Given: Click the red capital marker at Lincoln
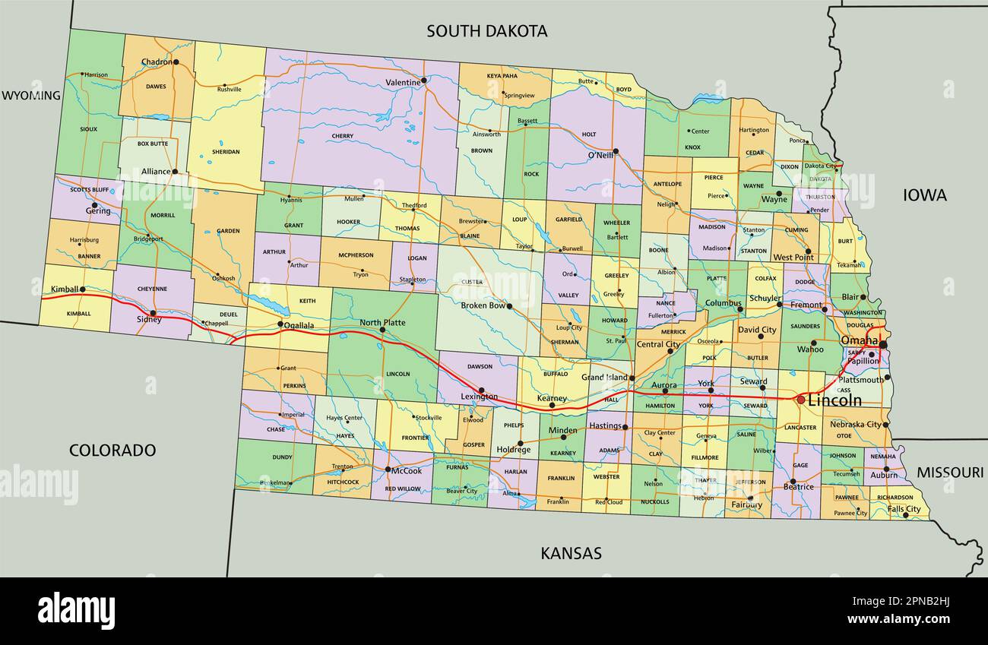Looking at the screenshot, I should pyautogui.click(x=800, y=399).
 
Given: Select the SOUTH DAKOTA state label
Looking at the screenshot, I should pyautogui.click(x=486, y=31).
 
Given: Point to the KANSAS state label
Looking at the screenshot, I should pyautogui.click(x=571, y=553).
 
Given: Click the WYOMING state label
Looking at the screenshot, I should pyautogui.click(x=30, y=96).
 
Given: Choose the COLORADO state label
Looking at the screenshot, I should pyautogui.click(x=112, y=450).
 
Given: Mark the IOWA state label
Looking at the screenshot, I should pyautogui.click(x=924, y=195).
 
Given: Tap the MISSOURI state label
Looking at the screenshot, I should pyautogui.click(x=949, y=473).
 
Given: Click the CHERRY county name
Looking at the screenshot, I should pyautogui.click(x=343, y=137).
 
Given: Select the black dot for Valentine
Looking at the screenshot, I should pyautogui.click(x=424, y=79).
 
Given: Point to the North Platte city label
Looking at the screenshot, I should pyautogui.click(x=382, y=322).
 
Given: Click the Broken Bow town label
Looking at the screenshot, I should pyautogui.click(x=483, y=305).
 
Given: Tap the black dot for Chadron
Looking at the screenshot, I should pyautogui.click(x=176, y=62).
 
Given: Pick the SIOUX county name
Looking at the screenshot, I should pyautogui.click(x=88, y=129).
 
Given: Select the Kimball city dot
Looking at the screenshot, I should pyautogui.click(x=82, y=289).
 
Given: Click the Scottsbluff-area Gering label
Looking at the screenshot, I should pyautogui.click(x=98, y=211).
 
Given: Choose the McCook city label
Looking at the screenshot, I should pyautogui.click(x=406, y=470).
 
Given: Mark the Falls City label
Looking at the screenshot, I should pyautogui.click(x=904, y=509).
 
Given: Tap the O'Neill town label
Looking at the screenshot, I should pyautogui.click(x=600, y=157).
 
